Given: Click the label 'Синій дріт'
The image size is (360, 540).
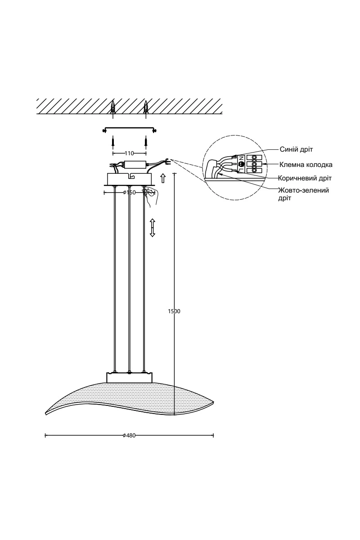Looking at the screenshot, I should [296, 149].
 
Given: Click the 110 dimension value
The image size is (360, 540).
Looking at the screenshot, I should [130, 153].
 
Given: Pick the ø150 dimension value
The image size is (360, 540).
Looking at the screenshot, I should [130, 193].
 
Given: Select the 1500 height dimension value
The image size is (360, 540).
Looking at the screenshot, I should [174, 311].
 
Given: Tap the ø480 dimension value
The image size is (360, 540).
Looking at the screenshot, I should [129, 436].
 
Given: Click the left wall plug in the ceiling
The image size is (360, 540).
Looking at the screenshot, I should [113, 107].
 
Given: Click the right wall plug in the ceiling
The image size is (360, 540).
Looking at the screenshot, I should [146, 107].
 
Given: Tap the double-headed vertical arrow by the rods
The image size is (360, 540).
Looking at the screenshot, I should [153, 228].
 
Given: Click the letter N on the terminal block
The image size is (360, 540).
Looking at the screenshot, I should [241, 158].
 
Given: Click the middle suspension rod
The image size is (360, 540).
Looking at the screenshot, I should [130, 279].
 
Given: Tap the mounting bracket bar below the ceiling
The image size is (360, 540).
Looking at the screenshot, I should [130, 129].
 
